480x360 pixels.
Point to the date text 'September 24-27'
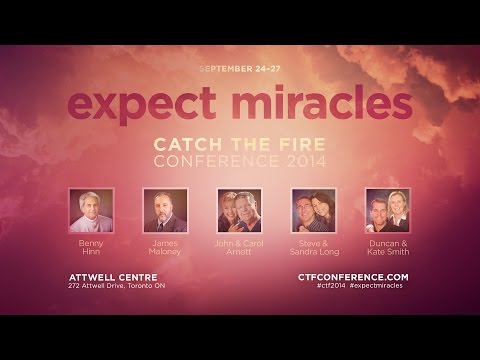[240, 69]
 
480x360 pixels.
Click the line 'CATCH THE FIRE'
[240, 144]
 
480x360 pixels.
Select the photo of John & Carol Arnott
[240, 211]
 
